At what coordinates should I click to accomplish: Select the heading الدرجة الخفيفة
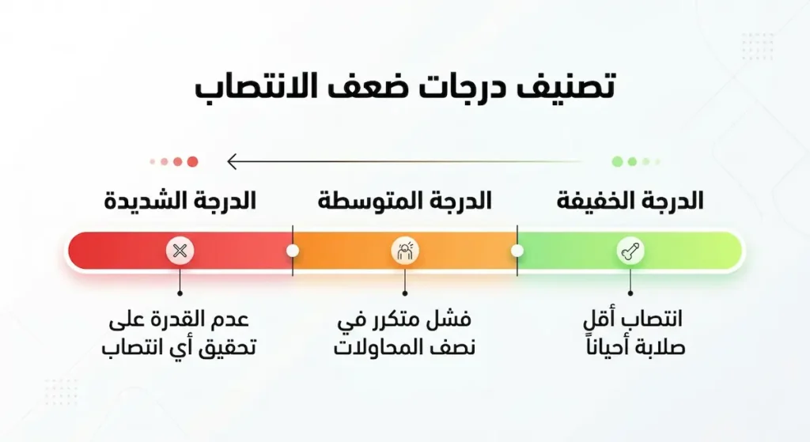630,201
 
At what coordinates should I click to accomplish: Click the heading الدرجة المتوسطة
404,201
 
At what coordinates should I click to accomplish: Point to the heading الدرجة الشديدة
180,201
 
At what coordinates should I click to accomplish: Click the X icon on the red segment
180,251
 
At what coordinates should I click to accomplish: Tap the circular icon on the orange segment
405,251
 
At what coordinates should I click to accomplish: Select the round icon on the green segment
630,251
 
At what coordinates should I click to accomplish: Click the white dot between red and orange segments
293,251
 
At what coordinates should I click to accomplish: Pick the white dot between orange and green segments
517,251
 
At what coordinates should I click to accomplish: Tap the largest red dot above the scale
191,162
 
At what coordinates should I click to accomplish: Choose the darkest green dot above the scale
617,162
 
